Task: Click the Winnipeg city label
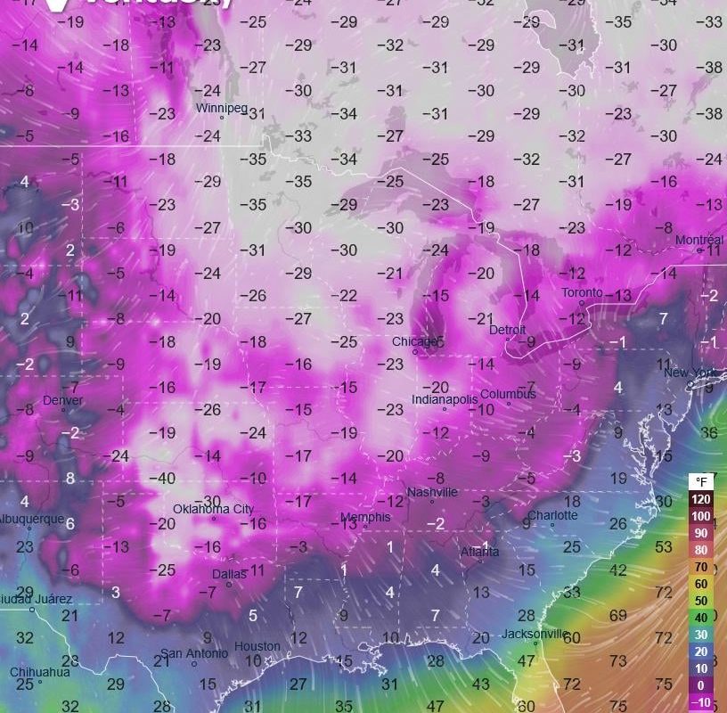(222, 108)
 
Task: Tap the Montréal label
(699, 240)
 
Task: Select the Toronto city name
(581, 292)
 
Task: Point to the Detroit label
(508, 330)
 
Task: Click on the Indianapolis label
(445, 399)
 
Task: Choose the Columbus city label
(508, 394)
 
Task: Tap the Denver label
(62, 400)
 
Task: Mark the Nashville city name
(432, 492)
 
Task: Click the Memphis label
(365, 517)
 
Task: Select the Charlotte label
(552, 515)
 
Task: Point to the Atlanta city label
(480, 551)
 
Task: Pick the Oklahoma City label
(214, 509)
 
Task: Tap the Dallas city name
(229, 574)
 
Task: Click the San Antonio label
(196, 653)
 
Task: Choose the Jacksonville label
(535, 634)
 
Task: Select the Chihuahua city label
(40, 672)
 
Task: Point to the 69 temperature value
(617, 616)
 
